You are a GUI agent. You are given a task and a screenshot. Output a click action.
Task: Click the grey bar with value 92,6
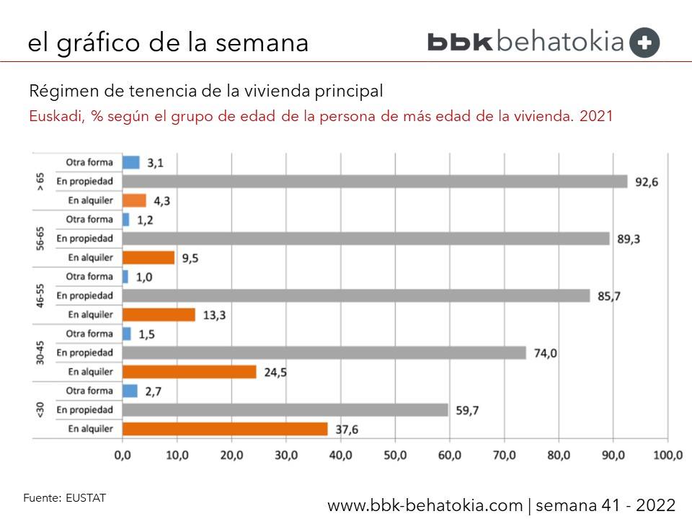(375, 182)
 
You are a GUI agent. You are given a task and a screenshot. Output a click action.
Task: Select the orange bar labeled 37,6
(225, 429)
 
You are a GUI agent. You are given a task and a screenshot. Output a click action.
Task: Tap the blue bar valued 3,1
(131, 162)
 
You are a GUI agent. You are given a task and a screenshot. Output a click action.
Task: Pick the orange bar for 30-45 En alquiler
(190, 372)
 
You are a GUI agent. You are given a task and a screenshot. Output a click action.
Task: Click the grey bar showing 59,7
(285, 409)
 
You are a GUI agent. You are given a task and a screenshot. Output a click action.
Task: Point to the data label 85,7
(609, 296)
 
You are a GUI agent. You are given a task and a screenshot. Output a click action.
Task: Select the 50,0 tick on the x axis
(395, 456)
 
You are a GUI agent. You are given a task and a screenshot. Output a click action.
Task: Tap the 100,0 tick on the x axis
(667, 456)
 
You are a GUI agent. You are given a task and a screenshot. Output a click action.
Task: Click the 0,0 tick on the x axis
(123, 456)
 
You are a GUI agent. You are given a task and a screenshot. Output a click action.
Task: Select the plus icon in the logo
(644, 43)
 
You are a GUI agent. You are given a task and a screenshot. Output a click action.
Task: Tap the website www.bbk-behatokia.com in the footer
(425, 505)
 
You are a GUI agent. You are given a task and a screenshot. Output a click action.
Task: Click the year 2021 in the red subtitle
(596, 116)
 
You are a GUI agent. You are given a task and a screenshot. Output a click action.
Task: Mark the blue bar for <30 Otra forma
(130, 391)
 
